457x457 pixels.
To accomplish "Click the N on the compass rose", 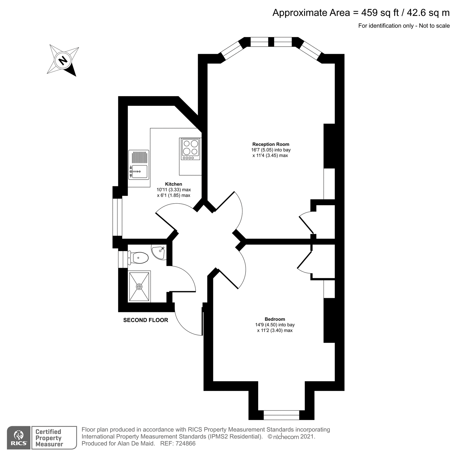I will [x=63, y=60].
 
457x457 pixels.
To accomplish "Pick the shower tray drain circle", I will [x=139, y=286].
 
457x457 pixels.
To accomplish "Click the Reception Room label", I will [x=271, y=144].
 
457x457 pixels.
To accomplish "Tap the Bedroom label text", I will [x=275, y=319].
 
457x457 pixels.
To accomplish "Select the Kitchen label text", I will [x=173, y=184].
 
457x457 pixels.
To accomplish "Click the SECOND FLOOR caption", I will [x=145, y=320].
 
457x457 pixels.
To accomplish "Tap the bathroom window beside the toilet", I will [x=123, y=259].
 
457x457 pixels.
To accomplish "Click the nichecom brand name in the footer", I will [x=286, y=437].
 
